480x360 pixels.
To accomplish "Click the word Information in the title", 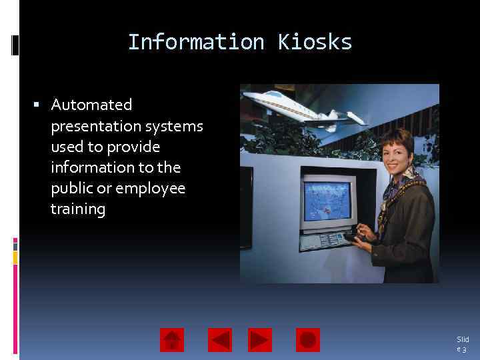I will [196, 42].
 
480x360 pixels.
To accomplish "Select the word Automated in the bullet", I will [91, 105].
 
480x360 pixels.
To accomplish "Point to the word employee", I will [151, 188].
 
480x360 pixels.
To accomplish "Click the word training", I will [77, 209].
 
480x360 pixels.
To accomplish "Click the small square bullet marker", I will [37, 105].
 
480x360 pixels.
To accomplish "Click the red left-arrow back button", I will [220, 340].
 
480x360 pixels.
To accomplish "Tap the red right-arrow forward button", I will [260, 340].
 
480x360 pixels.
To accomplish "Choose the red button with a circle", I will [307, 340].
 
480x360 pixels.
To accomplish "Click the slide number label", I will [462, 344].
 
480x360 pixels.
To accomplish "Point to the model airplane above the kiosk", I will [303, 108].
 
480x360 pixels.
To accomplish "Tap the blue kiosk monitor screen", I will [327, 199].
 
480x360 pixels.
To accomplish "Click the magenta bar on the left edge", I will [15, 243].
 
